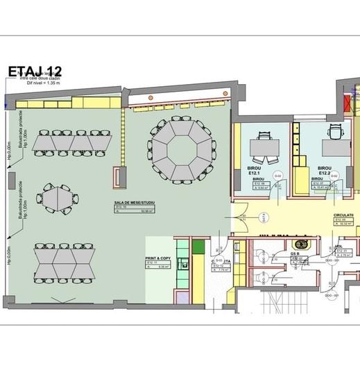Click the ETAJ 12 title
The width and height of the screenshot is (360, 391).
tap(35, 72)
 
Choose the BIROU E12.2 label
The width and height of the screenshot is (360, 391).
tap(323, 171)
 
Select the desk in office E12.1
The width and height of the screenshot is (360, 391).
tap(266, 147)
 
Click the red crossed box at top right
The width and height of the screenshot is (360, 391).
tap(348, 103)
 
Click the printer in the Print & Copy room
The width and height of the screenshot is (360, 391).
tap(184, 263)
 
